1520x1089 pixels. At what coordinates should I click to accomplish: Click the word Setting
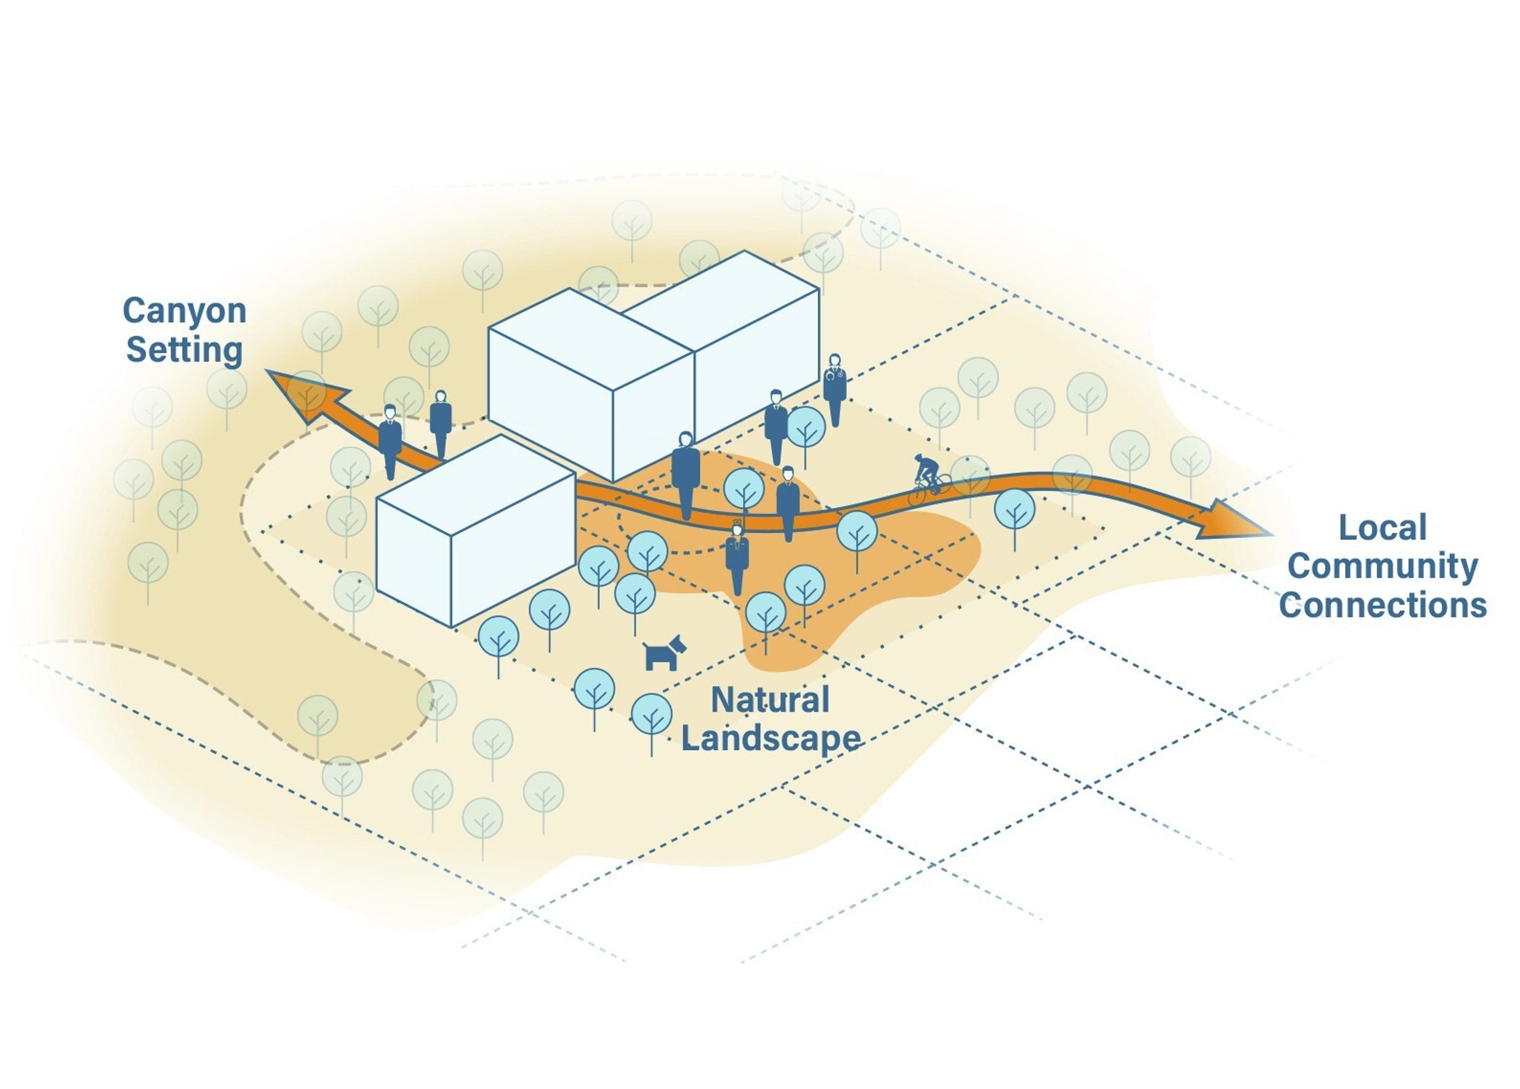coord(184,349)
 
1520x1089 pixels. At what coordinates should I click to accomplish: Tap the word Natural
coord(770,700)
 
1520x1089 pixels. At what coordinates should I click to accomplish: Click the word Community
coord(1383,568)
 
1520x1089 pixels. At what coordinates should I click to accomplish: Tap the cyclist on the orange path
coord(929,479)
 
